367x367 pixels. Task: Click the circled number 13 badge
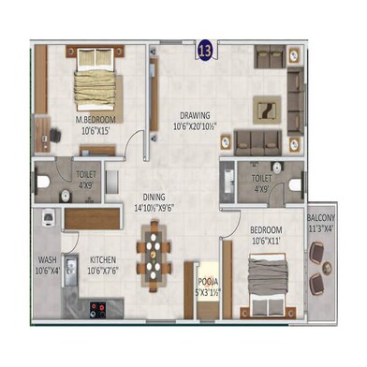(203, 47)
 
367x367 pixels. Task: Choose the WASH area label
(49, 260)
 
